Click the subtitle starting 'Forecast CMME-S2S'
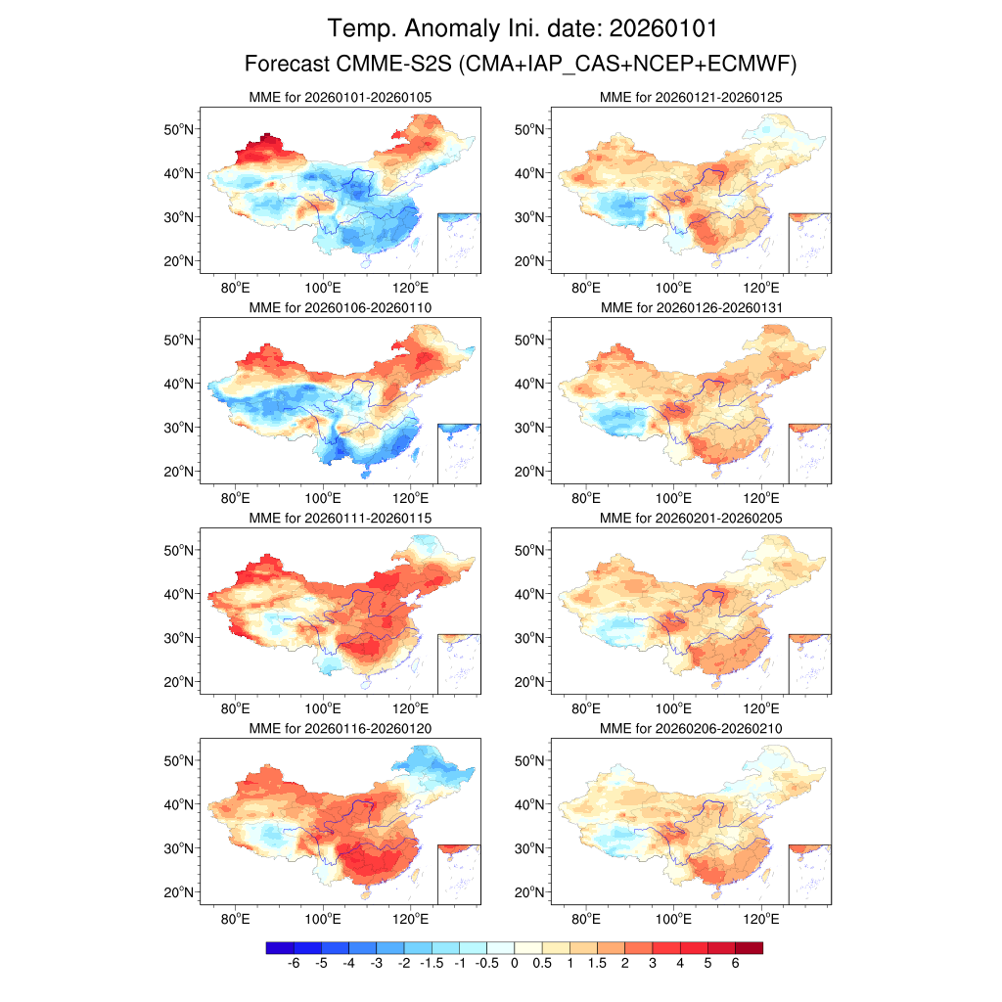[521, 65]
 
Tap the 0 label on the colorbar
[514, 965]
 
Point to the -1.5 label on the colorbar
[432, 965]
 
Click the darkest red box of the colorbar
[749, 947]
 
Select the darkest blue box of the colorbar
[280, 947]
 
